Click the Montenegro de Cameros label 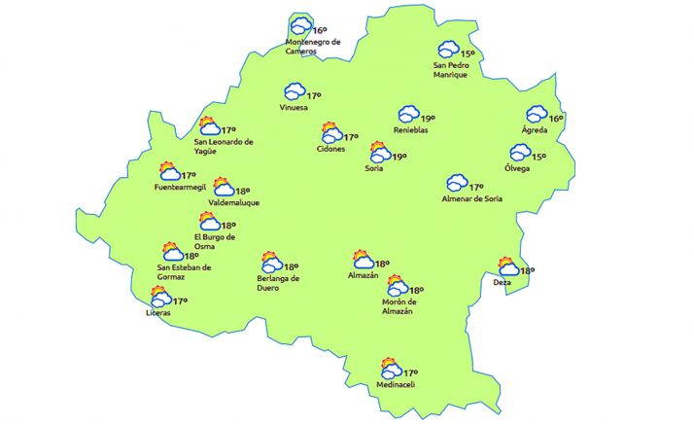(314, 47)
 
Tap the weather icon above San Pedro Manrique (448, 50)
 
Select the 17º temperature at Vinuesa (314, 95)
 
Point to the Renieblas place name (411, 130)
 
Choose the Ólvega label (517, 167)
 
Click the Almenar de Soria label (473, 199)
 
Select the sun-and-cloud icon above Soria (380, 152)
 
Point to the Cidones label (330, 149)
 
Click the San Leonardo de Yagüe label (224, 146)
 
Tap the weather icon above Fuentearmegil (170, 171)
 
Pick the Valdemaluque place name (234, 202)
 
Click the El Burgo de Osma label (217, 241)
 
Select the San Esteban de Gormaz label (184, 271)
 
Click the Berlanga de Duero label (278, 283)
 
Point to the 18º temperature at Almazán (382, 263)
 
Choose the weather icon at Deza (507, 266)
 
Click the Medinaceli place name (396, 385)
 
